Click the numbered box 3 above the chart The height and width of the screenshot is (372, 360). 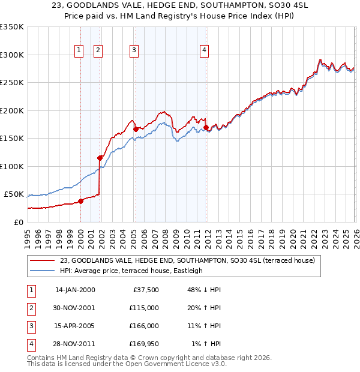pyautogui.click(x=134, y=51)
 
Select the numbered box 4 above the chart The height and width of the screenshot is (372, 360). pyautogui.click(x=205, y=51)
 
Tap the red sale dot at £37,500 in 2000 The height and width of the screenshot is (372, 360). pyautogui.click(x=81, y=201)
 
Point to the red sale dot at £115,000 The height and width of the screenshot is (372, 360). pyautogui.click(x=100, y=158)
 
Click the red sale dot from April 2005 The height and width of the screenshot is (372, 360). pyautogui.click(x=136, y=129)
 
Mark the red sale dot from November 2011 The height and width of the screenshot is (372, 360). pyautogui.click(x=206, y=127)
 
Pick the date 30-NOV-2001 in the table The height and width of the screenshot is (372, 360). pyautogui.click(x=74, y=307)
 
